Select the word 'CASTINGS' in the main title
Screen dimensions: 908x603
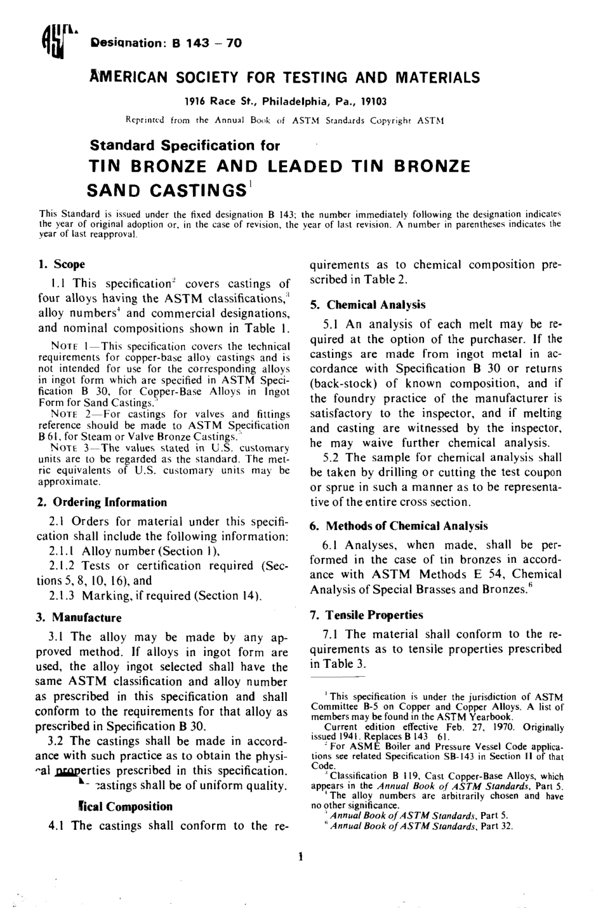[x=167, y=191]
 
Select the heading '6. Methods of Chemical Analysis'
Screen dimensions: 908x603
[x=398, y=525]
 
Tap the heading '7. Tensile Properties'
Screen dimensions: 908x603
[x=366, y=614]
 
